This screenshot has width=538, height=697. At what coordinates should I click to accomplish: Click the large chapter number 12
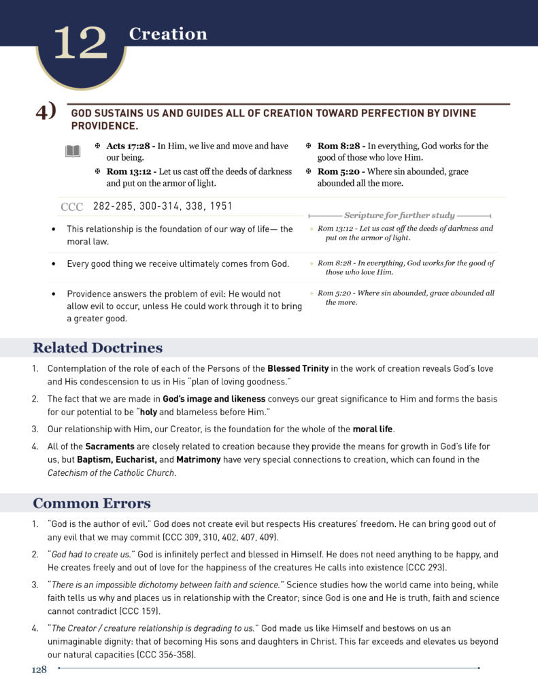(80, 44)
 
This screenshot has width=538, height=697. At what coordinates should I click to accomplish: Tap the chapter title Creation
(168, 34)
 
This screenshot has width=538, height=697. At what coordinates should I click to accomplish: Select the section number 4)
(46, 112)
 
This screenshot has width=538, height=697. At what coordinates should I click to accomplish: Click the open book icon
(73, 151)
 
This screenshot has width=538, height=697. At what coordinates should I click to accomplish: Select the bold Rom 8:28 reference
(337, 146)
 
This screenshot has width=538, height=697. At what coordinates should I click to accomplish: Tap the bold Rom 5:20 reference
(337, 172)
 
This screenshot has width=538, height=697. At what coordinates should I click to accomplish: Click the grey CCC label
(71, 207)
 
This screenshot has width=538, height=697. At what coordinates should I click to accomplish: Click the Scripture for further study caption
(399, 215)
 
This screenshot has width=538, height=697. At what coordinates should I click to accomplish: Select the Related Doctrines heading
(97, 348)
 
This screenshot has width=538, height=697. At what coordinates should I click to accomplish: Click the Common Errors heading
(92, 504)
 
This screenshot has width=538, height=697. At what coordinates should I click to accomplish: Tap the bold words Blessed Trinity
(298, 368)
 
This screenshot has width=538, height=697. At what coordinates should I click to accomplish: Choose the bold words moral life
(373, 429)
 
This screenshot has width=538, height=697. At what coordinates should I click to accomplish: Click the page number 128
(39, 670)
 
